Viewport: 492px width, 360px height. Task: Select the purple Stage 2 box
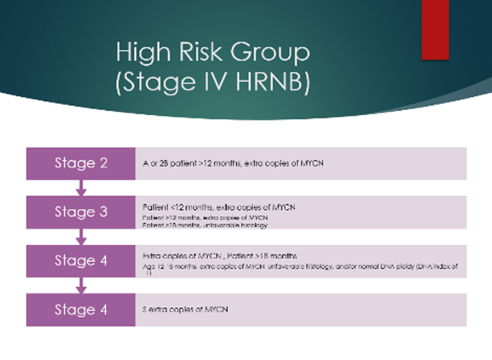pyautogui.click(x=81, y=163)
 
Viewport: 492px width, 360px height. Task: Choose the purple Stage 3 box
pyautogui.click(x=81, y=212)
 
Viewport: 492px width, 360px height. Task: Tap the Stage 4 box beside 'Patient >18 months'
pyautogui.click(x=81, y=261)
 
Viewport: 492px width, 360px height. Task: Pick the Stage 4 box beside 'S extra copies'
pyautogui.click(x=81, y=309)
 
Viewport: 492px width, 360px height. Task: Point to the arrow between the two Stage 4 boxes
pyautogui.click(x=81, y=286)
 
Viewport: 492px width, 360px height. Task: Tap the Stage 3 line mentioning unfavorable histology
pyautogui.click(x=197, y=224)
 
